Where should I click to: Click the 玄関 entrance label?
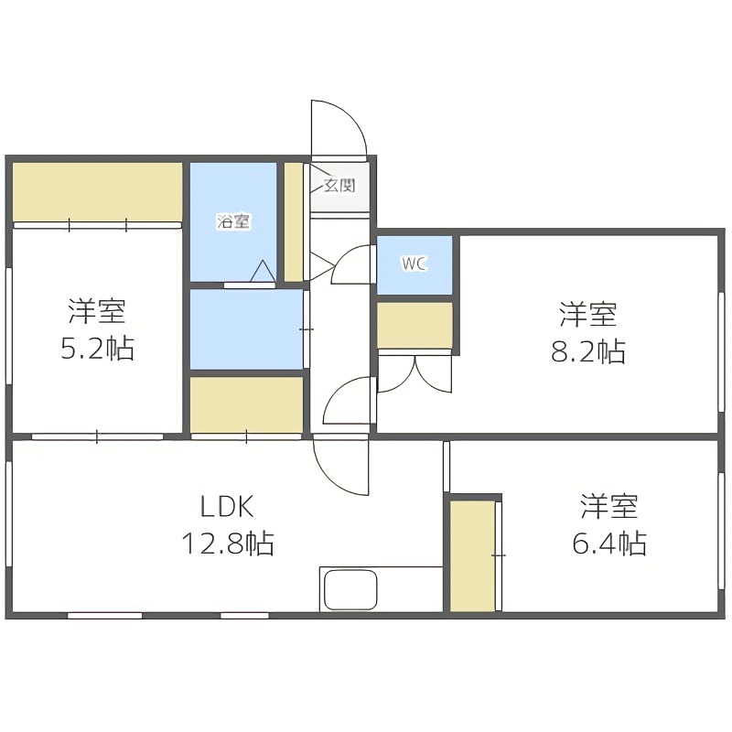pos(339,186)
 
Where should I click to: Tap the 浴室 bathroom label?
pos(233,221)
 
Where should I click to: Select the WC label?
pos(414,264)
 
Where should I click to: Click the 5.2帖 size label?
pos(96,348)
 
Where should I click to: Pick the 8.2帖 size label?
pos(587,352)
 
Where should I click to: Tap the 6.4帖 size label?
pos(609,544)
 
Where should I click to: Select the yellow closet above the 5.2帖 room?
pos(97,190)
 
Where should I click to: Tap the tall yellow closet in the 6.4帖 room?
pos(472,555)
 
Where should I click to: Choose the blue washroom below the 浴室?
pos(246,329)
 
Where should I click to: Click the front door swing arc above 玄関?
pos(339,126)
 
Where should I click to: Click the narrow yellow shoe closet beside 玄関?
pos(293,221)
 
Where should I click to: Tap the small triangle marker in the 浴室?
pos(261,271)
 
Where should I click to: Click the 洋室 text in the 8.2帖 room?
pos(587,315)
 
